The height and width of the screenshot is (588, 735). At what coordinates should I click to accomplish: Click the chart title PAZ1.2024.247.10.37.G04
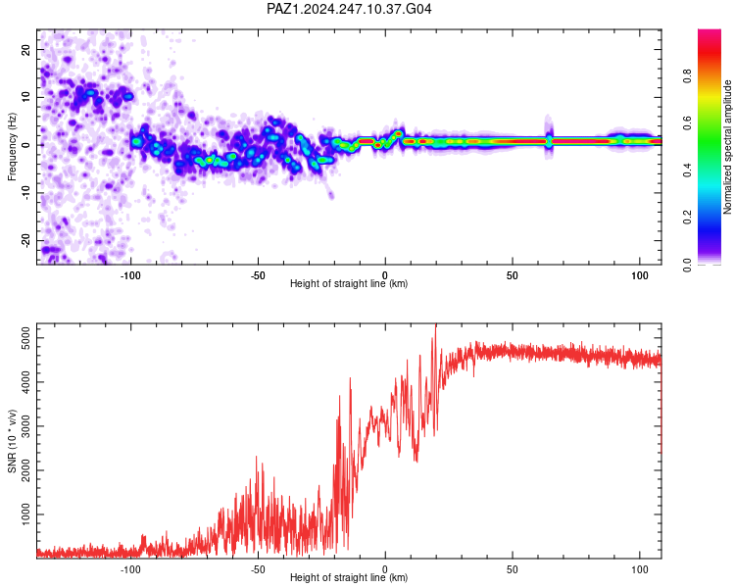[x=349, y=9]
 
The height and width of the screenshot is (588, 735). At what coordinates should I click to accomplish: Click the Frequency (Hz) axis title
[x=12, y=147]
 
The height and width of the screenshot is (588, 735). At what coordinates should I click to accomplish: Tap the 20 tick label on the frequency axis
[x=25, y=49]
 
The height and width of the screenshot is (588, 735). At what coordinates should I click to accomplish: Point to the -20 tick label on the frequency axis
[x=25, y=240]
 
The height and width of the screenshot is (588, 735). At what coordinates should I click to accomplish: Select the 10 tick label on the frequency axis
[x=25, y=97]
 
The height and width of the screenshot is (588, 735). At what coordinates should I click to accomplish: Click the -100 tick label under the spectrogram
[x=130, y=275]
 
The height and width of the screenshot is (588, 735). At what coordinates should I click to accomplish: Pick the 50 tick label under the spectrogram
[x=513, y=275]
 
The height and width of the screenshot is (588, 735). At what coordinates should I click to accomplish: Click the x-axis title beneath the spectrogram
[x=349, y=283]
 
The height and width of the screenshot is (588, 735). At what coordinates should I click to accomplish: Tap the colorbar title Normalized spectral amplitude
[x=727, y=147]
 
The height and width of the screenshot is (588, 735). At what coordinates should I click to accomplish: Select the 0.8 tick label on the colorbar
[x=687, y=76]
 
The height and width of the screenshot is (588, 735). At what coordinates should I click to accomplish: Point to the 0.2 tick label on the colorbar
[x=687, y=218]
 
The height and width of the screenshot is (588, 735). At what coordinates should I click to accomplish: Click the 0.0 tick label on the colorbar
[x=687, y=265]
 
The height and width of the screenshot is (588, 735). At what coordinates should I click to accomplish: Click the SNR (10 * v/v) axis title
[x=12, y=441]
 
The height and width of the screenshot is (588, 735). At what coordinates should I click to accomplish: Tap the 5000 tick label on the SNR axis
[x=25, y=338]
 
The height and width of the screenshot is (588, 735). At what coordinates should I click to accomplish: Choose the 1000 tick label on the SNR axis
[x=25, y=514]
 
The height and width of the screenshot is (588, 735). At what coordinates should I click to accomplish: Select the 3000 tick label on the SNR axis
[x=25, y=426]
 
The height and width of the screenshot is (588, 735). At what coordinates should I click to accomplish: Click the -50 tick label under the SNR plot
[x=258, y=569]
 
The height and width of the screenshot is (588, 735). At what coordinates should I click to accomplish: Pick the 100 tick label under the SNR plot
[x=640, y=569]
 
